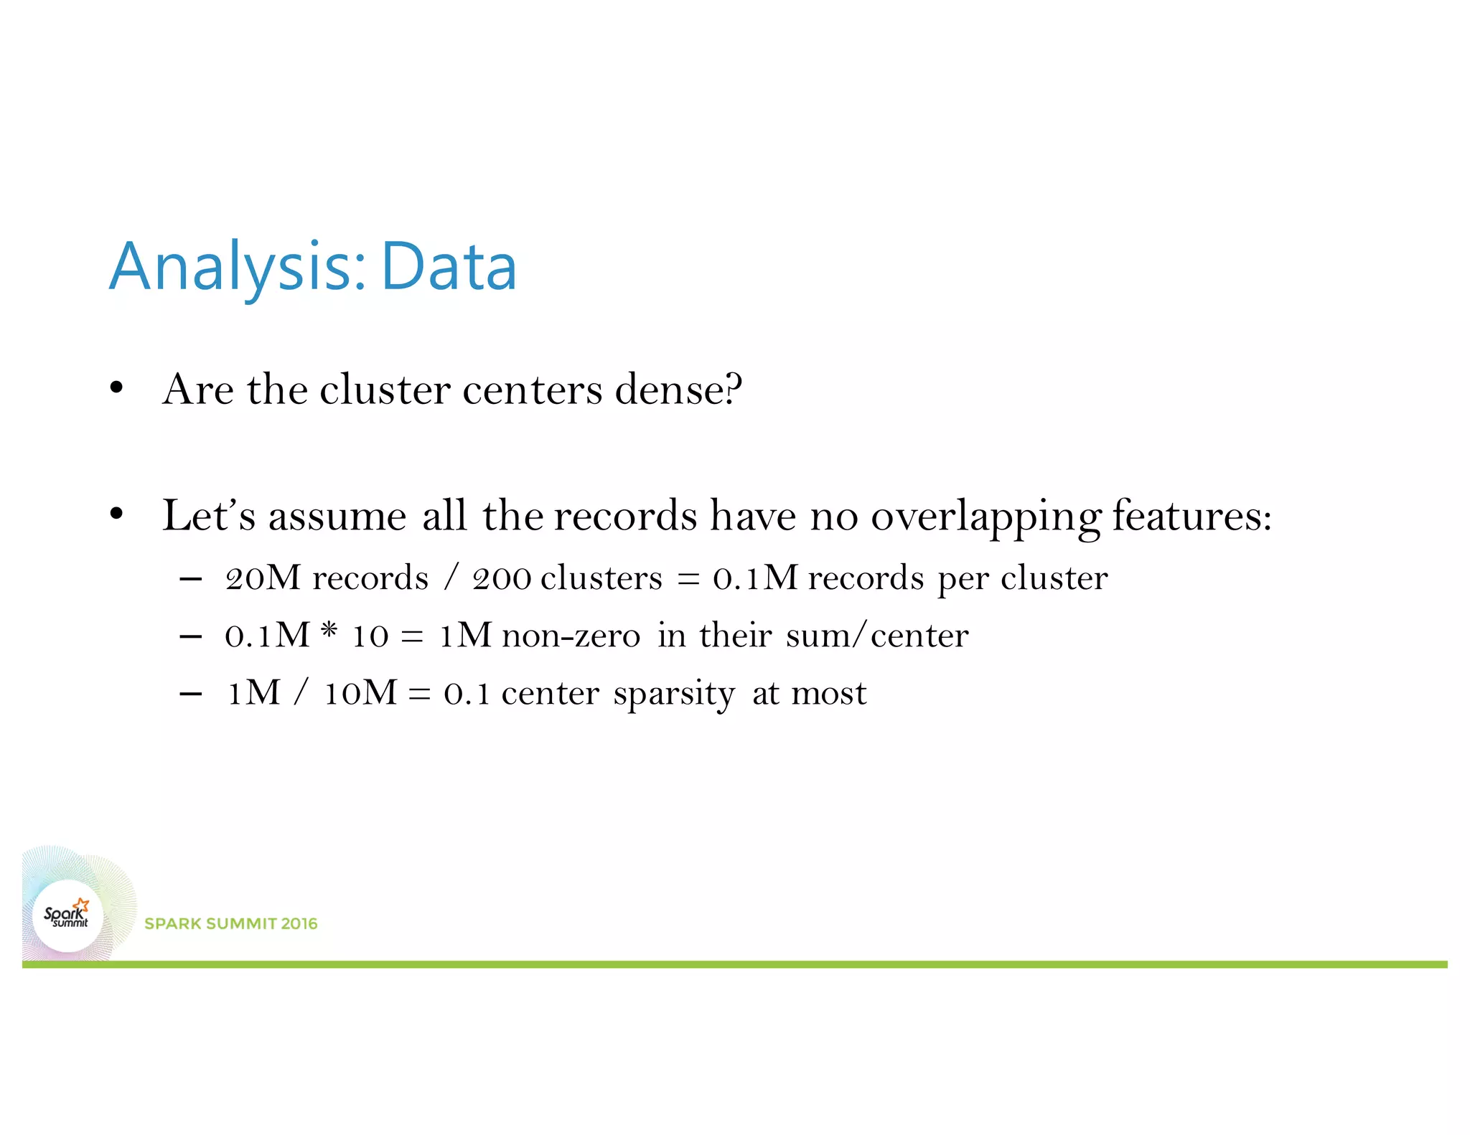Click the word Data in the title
(x=448, y=267)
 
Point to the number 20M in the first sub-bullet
(x=263, y=578)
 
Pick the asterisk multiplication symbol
(x=329, y=631)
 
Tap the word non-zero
(x=571, y=636)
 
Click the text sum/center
(x=876, y=636)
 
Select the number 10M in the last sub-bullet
(x=360, y=693)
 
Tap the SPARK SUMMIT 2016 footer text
(x=230, y=924)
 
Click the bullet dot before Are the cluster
(x=117, y=389)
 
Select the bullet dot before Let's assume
(x=117, y=514)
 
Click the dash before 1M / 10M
(x=190, y=694)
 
